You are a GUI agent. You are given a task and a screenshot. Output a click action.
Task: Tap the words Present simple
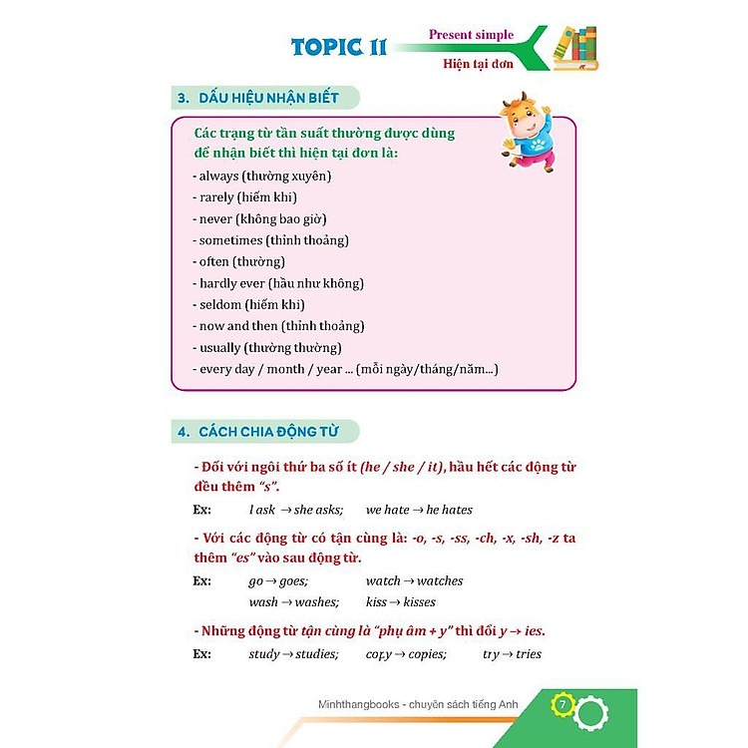[x=471, y=35]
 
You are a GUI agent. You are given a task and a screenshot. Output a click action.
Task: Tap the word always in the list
[x=218, y=176]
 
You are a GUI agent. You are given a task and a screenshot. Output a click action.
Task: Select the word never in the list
[x=215, y=218]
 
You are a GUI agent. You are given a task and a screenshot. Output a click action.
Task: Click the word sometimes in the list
[x=231, y=240]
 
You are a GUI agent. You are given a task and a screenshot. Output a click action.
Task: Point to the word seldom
[x=220, y=304]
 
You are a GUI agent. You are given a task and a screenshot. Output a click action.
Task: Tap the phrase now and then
[x=238, y=326]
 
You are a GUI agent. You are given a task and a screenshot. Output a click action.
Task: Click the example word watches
[x=440, y=580]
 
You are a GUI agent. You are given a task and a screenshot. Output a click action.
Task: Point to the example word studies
[x=315, y=654]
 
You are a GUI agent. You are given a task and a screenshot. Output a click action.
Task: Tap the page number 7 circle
[x=562, y=705]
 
